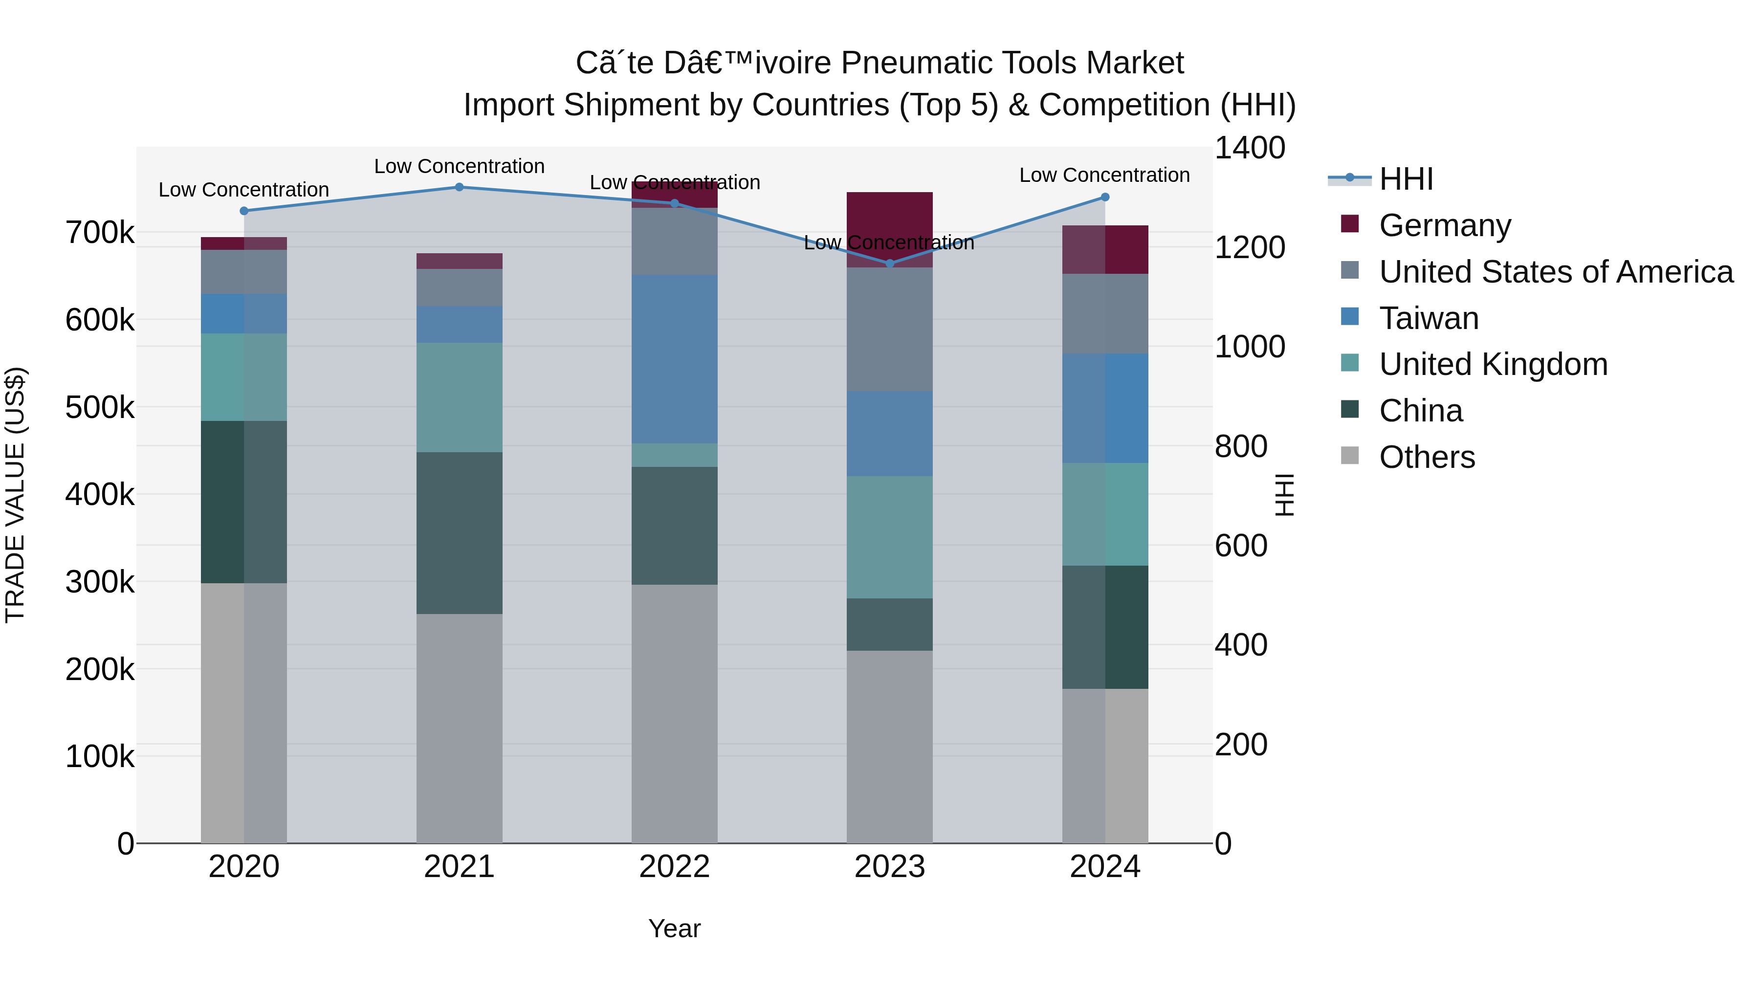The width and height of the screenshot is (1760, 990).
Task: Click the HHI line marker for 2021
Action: tap(459, 187)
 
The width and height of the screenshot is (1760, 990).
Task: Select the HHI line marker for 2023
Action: tap(890, 264)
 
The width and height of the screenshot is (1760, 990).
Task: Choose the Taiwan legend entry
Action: tap(1429, 318)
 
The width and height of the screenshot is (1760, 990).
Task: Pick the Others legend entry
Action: tap(1427, 457)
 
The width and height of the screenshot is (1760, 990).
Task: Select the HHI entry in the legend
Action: tap(1406, 179)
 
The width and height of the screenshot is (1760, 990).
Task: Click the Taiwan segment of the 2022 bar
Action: tap(674, 359)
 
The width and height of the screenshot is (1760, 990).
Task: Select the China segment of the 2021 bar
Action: tap(459, 533)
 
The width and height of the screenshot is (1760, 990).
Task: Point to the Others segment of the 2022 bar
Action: tap(674, 713)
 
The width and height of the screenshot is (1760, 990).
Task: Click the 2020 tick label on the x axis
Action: tap(244, 867)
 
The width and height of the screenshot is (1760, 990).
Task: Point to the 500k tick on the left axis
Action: tap(100, 408)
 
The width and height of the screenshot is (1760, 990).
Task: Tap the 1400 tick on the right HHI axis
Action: tap(1250, 148)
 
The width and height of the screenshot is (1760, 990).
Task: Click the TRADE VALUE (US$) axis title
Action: tap(15, 495)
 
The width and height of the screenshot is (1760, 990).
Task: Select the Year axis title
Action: tap(674, 928)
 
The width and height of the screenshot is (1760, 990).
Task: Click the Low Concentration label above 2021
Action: tap(459, 166)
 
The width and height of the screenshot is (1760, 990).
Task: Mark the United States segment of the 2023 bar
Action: tap(890, 330)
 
